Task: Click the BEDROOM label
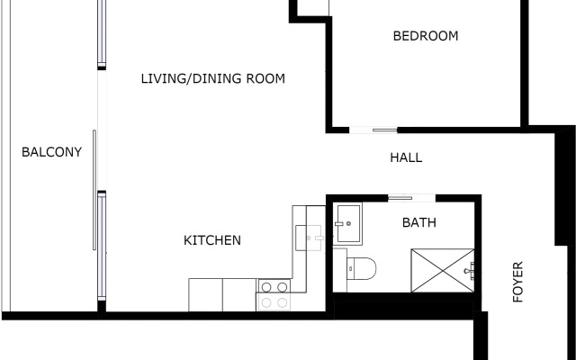click(x=426, y=37)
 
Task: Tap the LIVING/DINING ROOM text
click(x=212, y=79)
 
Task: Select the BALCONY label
click(x=51, y=152)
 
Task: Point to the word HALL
click(x=406, y=157)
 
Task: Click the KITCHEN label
click(x=212, y=240)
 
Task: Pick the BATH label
click(x=418, y=222)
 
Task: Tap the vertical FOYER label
click(x=518, y=282)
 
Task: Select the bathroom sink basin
click(x=347, y=224)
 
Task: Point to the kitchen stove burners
click(x=274, y=288)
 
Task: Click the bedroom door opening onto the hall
click(x=373, y=130)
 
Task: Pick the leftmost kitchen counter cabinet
click(x=205, y=294)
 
